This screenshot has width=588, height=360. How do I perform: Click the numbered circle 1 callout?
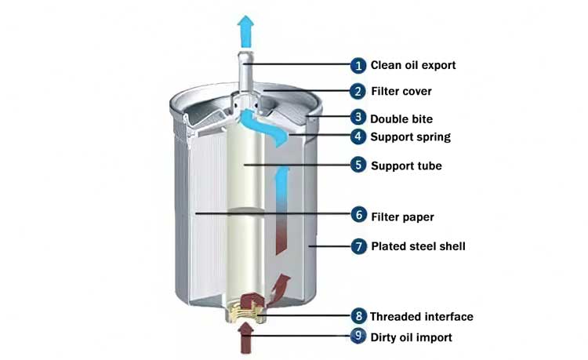[x=358, y=66]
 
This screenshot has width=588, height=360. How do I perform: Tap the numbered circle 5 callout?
[x=358, y=165]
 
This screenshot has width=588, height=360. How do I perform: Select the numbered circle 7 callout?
[x=359, y=246]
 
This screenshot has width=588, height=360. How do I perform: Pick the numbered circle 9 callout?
[x=358, y=336]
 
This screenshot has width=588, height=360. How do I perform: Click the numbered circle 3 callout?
[x=358, y=118]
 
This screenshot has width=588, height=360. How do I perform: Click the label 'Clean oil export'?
[x=413, y=65]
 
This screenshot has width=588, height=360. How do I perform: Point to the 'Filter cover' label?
[x=401, y=91]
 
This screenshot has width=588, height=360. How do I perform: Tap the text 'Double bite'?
[x=401, y=119]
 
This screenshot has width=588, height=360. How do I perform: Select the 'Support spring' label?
[x=411, y=137]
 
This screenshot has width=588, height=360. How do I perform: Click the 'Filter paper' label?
[x=402, y=216]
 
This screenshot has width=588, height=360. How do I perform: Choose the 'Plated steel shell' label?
[x=418, y=246]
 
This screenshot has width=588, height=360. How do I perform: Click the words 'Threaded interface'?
[x=422, y=317]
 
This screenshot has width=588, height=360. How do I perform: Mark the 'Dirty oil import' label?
[x=412, y=337]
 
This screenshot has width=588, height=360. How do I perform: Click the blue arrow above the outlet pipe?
[x=245, y=31]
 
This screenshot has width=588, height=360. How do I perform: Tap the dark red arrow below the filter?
[x=245, y=338]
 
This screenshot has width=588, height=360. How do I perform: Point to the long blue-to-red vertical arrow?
[x=282, y=211]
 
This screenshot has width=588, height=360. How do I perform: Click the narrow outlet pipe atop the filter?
[x=245, y=73]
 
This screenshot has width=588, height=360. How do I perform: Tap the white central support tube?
[x=245, y=210]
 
